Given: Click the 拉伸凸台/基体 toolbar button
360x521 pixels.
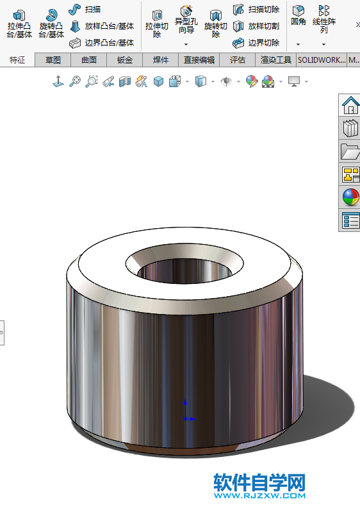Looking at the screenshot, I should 19,23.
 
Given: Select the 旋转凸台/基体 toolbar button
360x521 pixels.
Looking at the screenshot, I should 51,23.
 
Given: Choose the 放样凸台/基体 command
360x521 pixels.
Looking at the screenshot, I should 102,26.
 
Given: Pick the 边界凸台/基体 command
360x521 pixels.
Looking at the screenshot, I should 102,43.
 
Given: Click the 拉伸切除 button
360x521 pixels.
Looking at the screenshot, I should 156,23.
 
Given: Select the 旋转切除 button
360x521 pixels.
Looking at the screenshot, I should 216,23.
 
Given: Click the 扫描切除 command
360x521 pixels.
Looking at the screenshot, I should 256,10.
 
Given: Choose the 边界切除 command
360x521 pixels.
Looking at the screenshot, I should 256,43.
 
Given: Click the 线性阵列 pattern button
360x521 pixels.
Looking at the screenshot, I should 323,19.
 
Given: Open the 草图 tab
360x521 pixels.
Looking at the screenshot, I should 53,60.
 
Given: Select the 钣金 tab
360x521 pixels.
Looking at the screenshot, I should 124,60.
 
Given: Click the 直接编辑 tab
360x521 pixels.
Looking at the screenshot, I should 199,60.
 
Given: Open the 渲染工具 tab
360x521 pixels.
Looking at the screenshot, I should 276,60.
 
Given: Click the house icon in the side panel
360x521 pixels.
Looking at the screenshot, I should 350,104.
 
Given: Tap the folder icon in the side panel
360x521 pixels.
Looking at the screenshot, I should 350,151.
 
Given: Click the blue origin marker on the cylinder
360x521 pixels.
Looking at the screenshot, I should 186,418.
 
